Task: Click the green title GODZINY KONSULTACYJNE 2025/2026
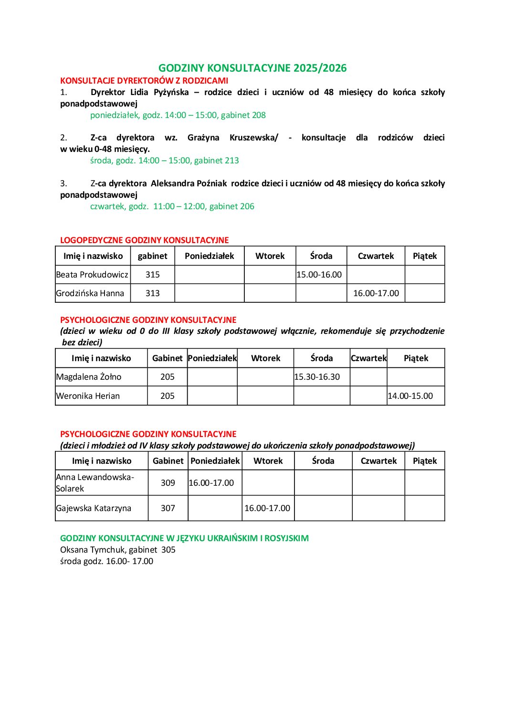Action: (x=252, y=68)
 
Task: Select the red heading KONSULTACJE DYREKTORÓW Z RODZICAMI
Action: (x=144, y=81)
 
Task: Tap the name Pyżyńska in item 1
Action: (x=171, y=92)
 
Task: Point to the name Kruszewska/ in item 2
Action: (x=253, y=138)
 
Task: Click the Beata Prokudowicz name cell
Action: (x=92, y=275)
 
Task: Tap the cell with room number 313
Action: (x=153, y=293)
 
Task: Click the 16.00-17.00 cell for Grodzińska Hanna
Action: (x=376, y=293)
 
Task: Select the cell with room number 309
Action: (x=168, y=483)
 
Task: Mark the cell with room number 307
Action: (x=168, y=508)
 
